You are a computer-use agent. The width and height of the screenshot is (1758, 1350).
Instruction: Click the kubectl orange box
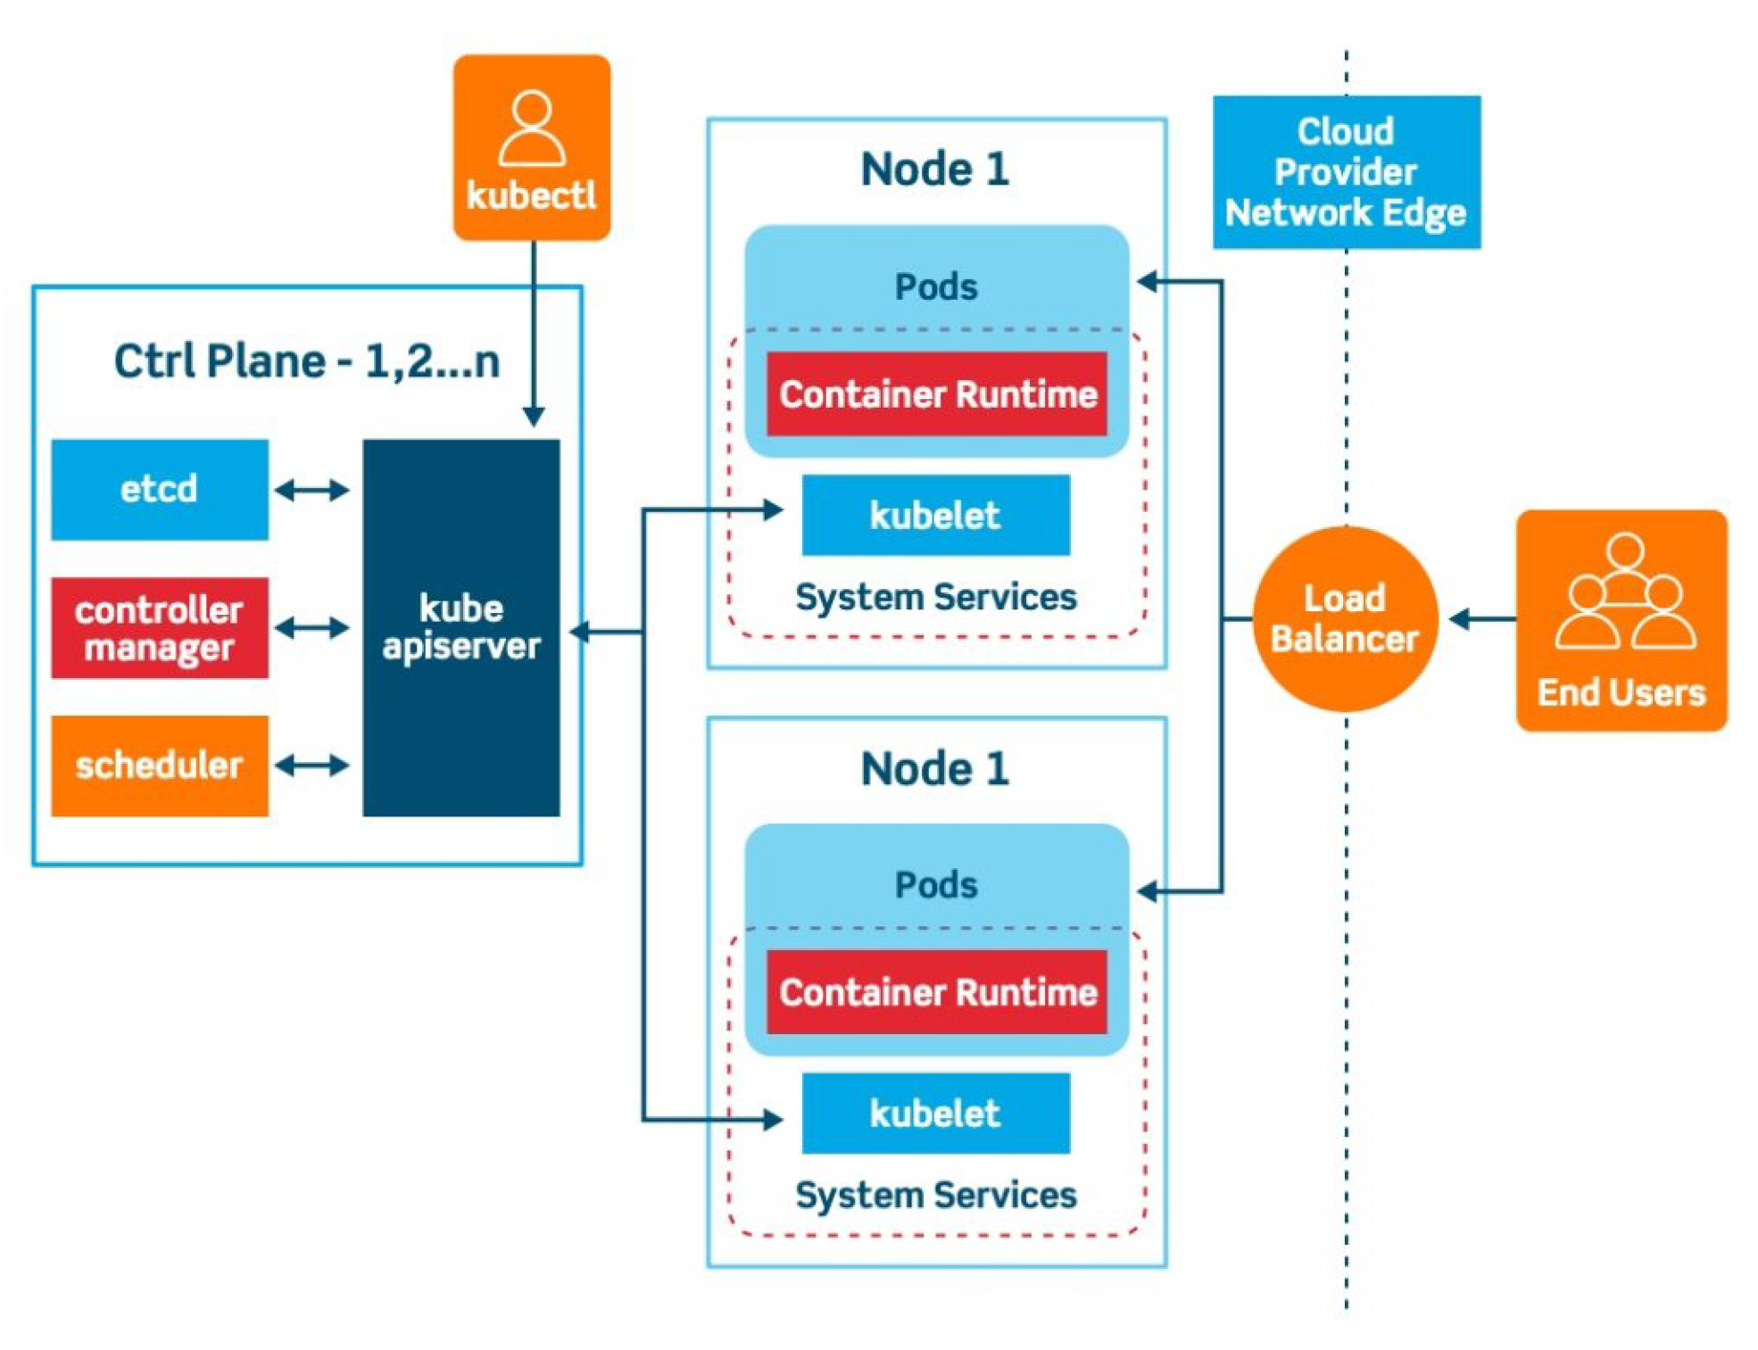point(532,147)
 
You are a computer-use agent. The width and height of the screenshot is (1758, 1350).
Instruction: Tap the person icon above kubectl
point(532,128)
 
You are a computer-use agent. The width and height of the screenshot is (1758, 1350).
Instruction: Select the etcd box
point(160,489)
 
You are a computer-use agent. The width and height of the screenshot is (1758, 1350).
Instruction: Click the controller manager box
point(160,627)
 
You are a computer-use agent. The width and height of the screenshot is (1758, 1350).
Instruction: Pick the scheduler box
point(160,766)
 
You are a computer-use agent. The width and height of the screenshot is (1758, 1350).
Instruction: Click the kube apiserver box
point(461,627)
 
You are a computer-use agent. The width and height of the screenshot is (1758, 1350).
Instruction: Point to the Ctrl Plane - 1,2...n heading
point(307,361)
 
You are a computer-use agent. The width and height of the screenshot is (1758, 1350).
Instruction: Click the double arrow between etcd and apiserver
point(311,490)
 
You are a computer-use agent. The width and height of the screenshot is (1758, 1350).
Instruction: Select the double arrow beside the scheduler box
point(311,765)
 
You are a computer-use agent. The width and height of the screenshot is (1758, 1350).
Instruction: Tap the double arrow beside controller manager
point(311,627)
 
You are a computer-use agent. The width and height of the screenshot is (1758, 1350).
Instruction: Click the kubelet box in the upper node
point(936,515)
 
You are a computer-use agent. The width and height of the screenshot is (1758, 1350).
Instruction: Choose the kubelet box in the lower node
point(936,1113)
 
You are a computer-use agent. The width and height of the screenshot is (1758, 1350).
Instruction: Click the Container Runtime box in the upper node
point(937,393)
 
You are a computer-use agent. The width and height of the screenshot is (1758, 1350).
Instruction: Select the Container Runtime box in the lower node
point(937,991)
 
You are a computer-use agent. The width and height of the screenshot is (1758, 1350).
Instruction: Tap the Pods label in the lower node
point(936,885)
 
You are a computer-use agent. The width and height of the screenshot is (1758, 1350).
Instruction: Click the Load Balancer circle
point(1345,619)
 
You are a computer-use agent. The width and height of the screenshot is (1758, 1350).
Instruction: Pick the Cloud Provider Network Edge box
point(1347,172)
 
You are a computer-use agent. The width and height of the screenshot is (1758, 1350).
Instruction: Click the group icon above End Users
point(1624,591)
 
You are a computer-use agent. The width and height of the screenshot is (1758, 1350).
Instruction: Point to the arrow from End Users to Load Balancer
point(1482,618)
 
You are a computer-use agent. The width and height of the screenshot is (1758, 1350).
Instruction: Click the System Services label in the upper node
point(936,597)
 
